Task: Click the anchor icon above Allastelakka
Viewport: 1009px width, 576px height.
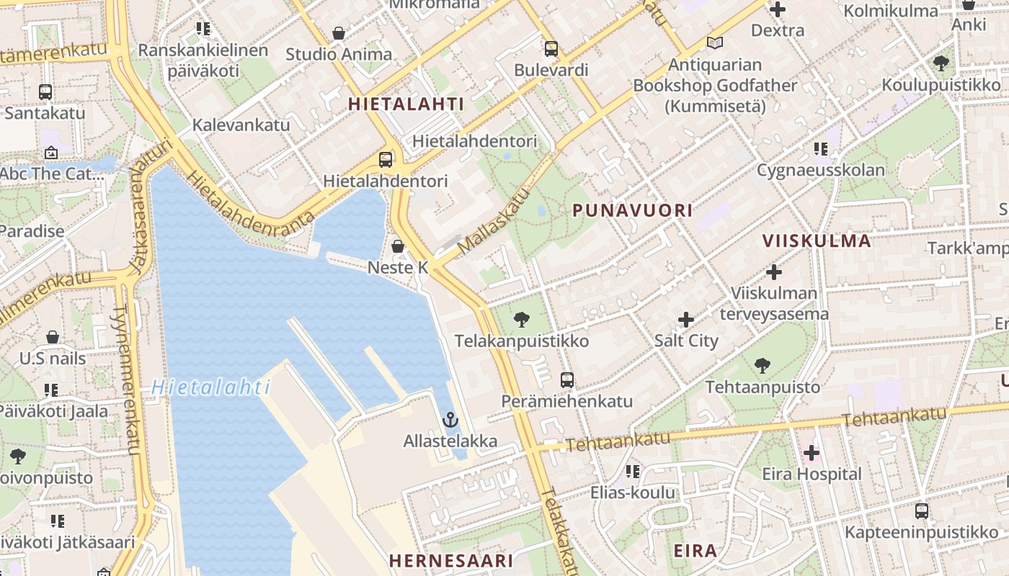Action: (450, 419)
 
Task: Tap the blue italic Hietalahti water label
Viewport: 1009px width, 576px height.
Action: (210, 387)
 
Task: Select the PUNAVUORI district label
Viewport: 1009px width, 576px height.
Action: (632, 210)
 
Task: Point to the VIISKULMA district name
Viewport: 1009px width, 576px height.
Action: (817, 240)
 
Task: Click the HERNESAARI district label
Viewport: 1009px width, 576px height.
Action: (451, 560)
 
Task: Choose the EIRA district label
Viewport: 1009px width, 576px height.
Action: (695, 551)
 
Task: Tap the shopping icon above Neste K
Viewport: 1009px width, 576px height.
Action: (398, 246)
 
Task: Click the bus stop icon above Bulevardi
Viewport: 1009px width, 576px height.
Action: (551, 49)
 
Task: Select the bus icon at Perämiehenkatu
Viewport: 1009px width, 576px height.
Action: (567, 379)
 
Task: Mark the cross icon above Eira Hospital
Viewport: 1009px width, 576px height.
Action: (812, 453)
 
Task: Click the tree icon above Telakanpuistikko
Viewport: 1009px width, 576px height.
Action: (521, 319)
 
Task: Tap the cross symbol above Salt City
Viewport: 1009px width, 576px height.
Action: (686, 319)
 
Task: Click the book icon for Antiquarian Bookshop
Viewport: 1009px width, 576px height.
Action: (714, 43)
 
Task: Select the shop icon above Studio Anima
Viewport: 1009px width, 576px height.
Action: (338, 33)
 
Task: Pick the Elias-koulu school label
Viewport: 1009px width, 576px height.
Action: (633, 492)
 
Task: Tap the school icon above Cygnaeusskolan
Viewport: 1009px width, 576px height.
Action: (820, 149)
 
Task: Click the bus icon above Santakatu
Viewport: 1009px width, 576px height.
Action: (45, 92)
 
